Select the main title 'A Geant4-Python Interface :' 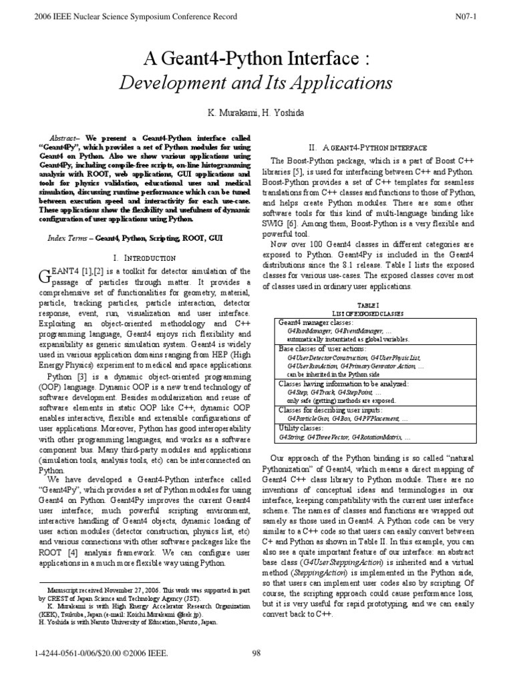pyautogui.click(x=256, y=60)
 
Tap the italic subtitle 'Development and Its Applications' pyautogui.click(x=256, y=84)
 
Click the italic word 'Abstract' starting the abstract pyautogui.click(x=63, y=133)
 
